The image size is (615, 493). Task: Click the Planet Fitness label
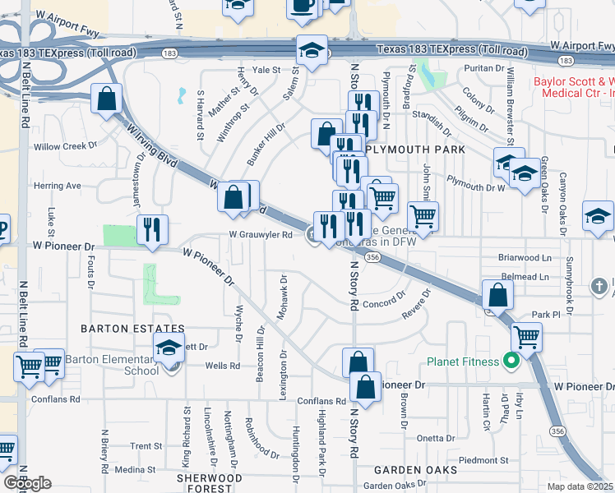tap(462, 362)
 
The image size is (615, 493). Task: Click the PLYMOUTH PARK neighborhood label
tap(415, 150)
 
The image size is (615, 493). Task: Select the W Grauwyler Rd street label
tap(261, 234)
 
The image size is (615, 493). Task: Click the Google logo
tap(27, 483)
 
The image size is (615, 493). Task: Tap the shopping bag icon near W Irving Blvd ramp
tap(107, 99)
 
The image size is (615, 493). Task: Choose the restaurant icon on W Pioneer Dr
tap(151, 229)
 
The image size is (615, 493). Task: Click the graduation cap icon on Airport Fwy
tap(312, 50)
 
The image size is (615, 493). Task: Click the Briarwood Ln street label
tap(525, 257)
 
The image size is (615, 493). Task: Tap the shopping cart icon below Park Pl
tap(526, 336)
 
